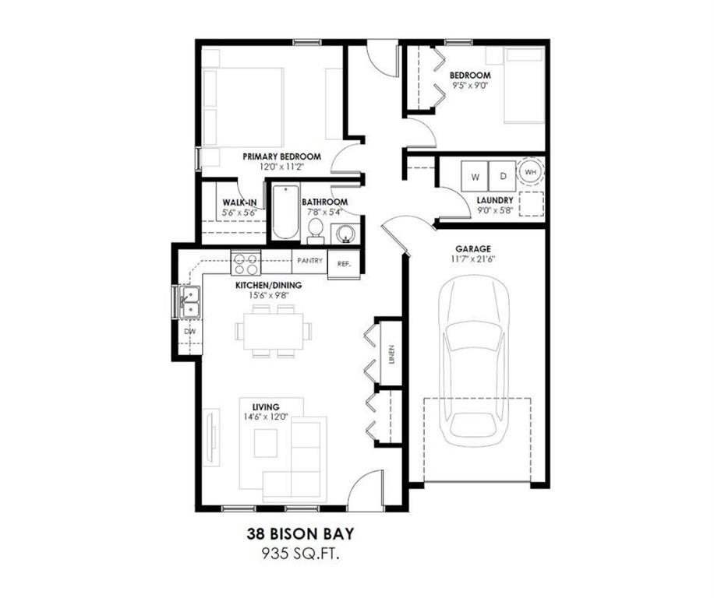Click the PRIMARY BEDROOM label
(x=281, y=157)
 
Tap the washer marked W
(x=475, y=177)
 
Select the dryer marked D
(x=503, y=177)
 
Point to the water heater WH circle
(x=531, y=172)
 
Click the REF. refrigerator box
(x=344, y=264)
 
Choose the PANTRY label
(x=309, y=261)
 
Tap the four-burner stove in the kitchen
(x=246, y=263)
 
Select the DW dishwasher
(x=190, y=331)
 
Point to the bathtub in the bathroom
(x=286, y=212)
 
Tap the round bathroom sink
(x=345, y=234)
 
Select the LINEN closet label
(x=391, y=355)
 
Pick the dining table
(x=274, y=331)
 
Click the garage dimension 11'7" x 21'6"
(x=473, y=259)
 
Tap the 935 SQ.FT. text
(x=301, y=554)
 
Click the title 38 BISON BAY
(x=301, y=533)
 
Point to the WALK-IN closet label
(x=239, y=202)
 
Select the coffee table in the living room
(x=266, y=443)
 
